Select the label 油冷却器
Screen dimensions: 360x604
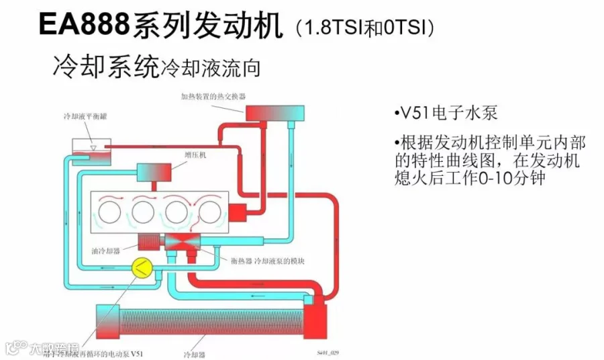pyautogui.click(x=105, y=251)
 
